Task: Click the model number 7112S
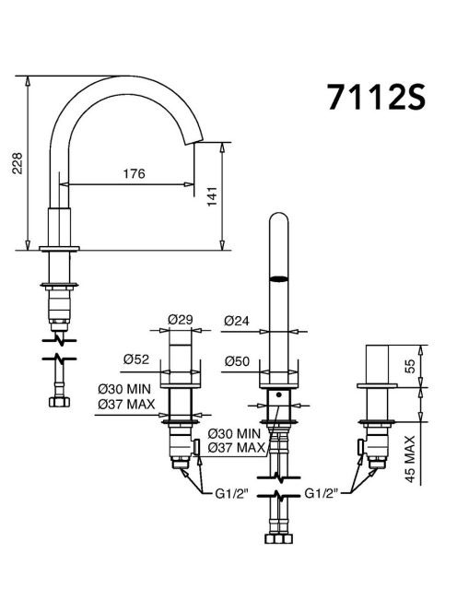[376, 97]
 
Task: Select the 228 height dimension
[18, 163]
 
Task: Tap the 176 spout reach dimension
[134, 173]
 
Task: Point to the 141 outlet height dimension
[212, 196]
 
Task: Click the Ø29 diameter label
[181, 320]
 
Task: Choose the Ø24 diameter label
[237, 321]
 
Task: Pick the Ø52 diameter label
[136, 359]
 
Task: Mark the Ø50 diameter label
[237, 361]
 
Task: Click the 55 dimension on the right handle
[410, 366]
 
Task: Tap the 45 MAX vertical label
[410, 459]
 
